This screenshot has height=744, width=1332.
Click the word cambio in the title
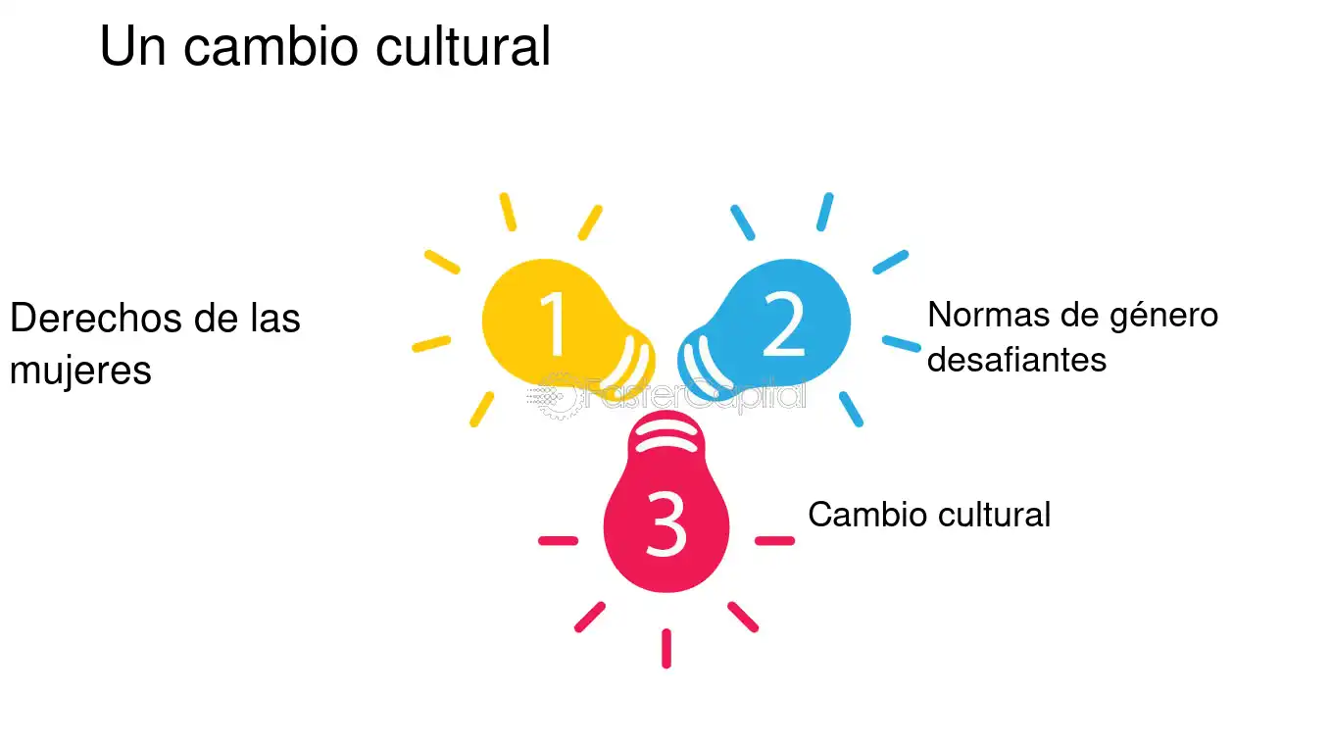tap(271, 46)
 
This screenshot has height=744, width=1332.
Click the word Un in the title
tap(132, 46)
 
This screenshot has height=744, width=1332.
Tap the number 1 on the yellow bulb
tap(554, 324)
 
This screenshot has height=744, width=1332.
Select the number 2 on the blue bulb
tap(784, 324)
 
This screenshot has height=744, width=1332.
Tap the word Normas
tap(988, 315)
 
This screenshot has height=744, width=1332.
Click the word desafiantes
tap(1016, 360)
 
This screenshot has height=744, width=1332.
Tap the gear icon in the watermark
tap(556, 396)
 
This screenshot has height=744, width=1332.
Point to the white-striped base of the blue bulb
tap(705, 364)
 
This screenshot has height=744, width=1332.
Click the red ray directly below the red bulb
tap(666, 649)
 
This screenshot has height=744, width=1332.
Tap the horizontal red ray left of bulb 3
tap(559, 541)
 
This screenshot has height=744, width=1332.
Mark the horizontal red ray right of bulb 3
tap(775, 541)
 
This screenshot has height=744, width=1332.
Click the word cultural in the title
tap(464, 46)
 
